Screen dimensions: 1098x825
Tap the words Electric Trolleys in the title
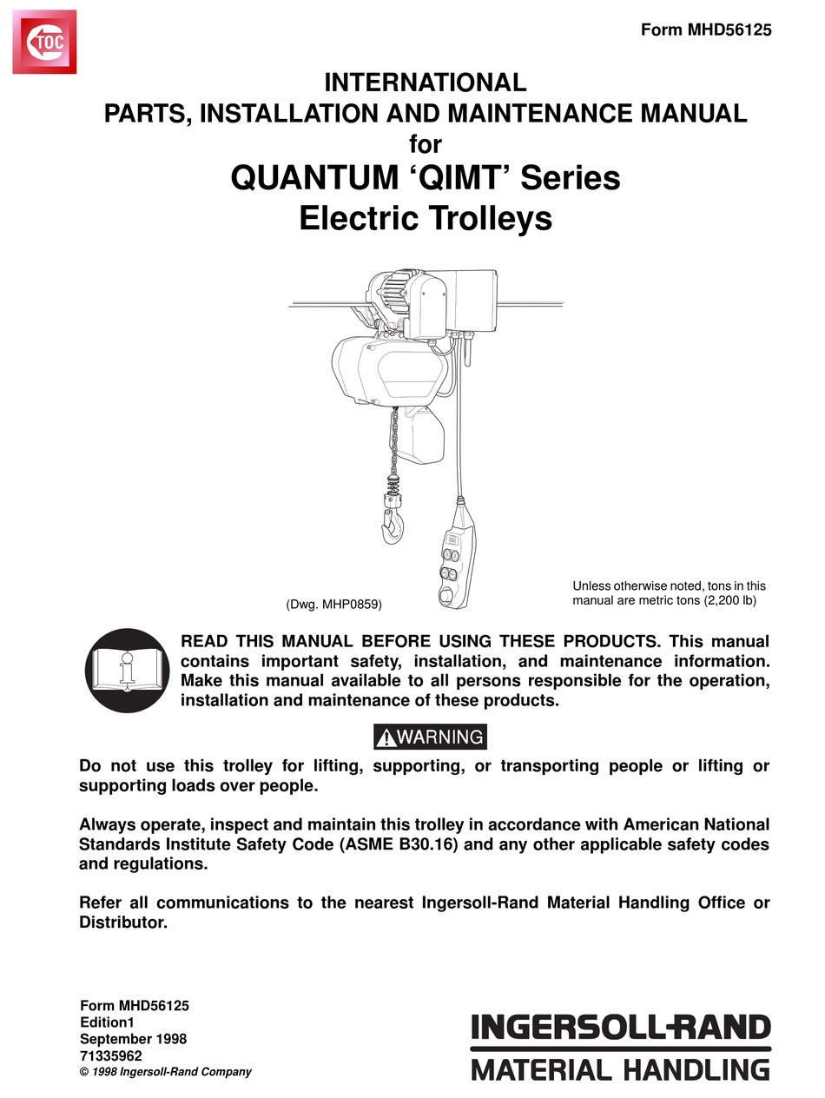click(x=426, y=217)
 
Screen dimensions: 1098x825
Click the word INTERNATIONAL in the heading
click(x=426, y=83)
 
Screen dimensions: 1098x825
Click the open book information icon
click(x=128, y=671)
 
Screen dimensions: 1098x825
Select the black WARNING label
click(x=431, y=738)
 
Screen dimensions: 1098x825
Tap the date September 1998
click(x=133, y=1038)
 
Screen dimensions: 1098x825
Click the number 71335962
click(x=111, y=1055)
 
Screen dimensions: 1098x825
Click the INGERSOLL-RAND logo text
click(x=620, y=1029)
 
